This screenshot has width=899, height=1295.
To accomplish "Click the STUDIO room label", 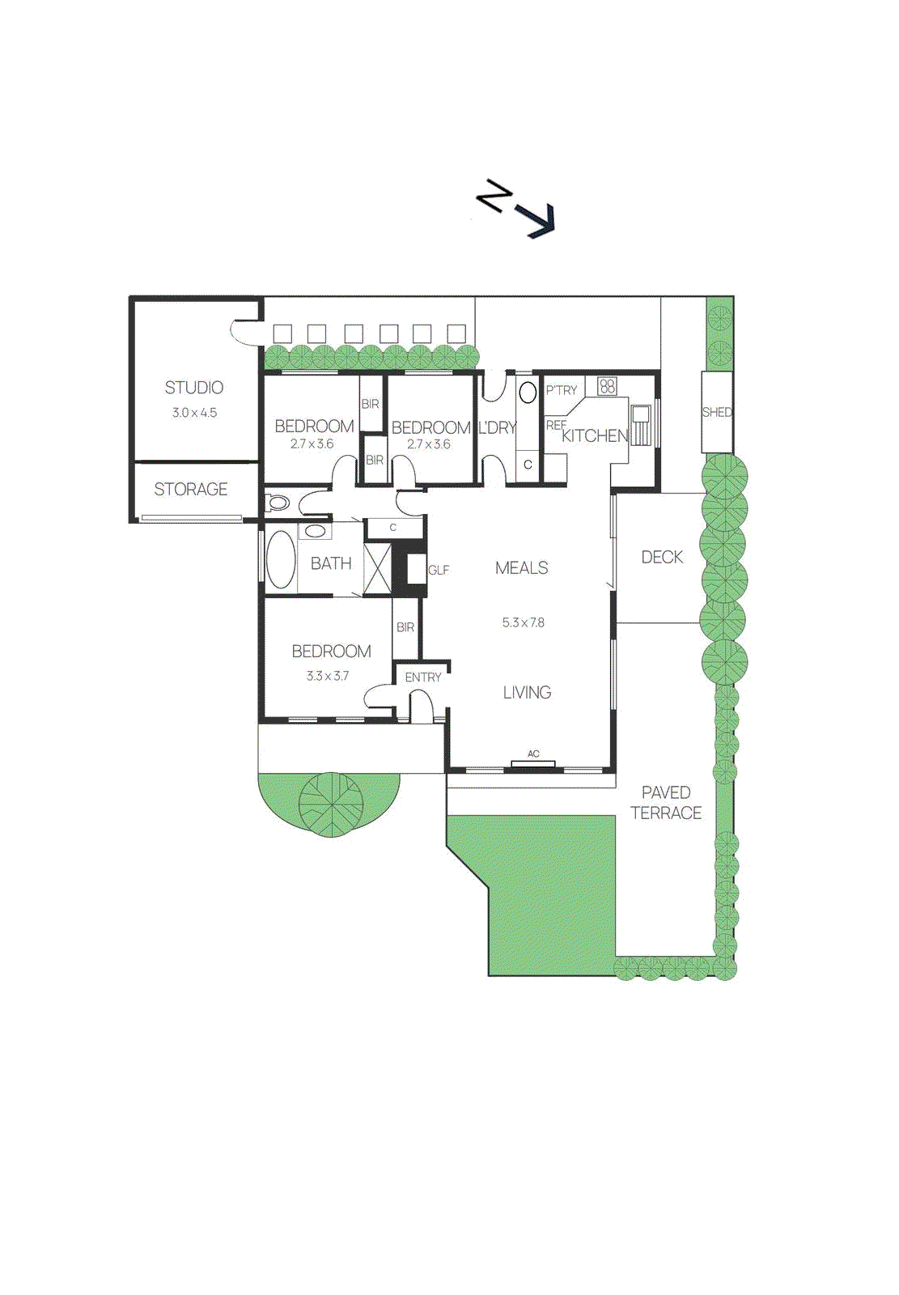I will [x=194, y=388].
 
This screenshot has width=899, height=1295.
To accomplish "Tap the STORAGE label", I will [x=191, y=490].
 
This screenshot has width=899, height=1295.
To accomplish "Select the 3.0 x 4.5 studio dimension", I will [x=194, y=413].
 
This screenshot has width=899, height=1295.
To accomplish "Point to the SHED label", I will [x=717, y=412].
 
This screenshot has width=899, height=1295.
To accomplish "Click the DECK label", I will [x=662, y=557].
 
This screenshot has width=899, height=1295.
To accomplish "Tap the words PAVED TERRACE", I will [x=666, y=803].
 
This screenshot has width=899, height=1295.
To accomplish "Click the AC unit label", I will [x=533, y=754].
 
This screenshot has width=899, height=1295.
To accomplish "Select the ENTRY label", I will [x=423, y=677].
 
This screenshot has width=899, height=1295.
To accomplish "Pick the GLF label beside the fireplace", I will [x=439, y=571].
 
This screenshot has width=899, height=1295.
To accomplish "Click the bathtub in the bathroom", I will [x=281, y=559].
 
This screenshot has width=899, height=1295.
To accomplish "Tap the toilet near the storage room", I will [x=278, y=503].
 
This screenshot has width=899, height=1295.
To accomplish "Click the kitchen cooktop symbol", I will [x=607, y=386].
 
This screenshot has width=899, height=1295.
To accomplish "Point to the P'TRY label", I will [x=562, y=390].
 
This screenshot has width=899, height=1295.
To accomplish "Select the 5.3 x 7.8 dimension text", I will [x=524, y=622].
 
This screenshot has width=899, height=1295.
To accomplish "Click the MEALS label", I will [x=522, y=568].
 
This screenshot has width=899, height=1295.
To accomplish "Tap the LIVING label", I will [x=527, y=693].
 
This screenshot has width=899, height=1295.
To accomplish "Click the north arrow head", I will [x=540, y=220].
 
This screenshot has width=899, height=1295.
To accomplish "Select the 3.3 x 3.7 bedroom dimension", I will [x=328, y=676].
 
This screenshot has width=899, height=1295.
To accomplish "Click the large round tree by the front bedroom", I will [x=331, y=803].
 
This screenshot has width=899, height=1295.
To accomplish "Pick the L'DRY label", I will [x=497, y=428].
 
